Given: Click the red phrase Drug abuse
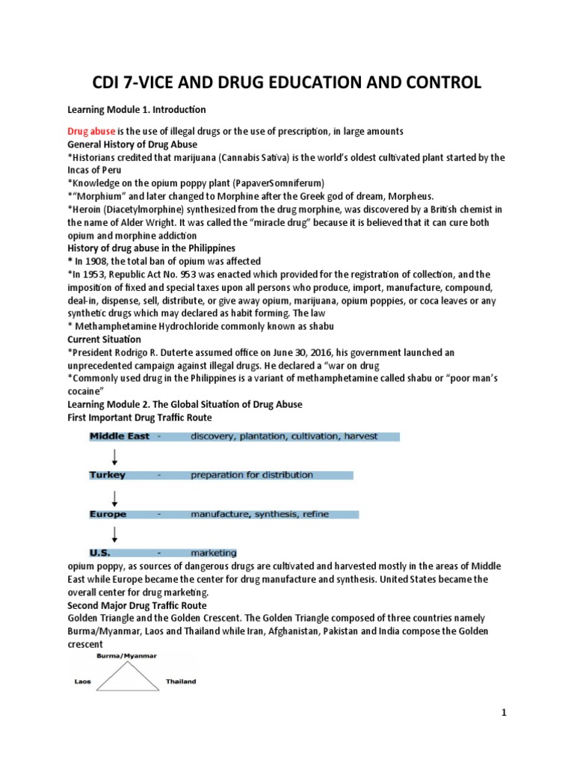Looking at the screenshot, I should [x=91, y=131].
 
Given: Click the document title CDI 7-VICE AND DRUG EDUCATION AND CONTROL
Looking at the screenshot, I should [x=286, y=82].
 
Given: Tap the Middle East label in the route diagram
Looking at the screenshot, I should [x=120, y=436].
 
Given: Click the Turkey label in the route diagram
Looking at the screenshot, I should [x=108, y=475].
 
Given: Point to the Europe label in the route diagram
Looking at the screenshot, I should [x=108, y=515].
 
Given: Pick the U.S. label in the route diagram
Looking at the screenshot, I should [x=101, y=554].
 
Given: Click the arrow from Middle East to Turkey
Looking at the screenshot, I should [x=114, y=456].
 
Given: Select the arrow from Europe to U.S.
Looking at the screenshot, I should [x=114, y=534].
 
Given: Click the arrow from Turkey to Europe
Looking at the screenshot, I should [x=114, y=495].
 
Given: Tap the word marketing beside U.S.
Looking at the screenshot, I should [x=214, y=554].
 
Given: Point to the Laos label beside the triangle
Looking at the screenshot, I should [x=82, y=681].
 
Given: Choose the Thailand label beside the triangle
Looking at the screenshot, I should [x=181, y=681].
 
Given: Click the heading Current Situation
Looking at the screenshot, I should [x=104, y=339].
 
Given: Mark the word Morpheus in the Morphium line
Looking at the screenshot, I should [x=406, y=196].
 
